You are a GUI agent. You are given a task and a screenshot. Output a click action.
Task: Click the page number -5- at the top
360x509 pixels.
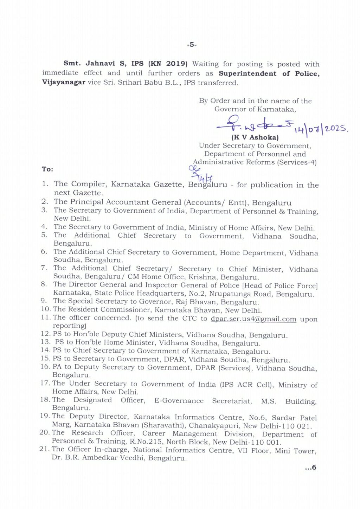pos(192,45)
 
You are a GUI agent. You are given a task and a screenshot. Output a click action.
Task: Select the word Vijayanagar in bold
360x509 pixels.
pos(64,82)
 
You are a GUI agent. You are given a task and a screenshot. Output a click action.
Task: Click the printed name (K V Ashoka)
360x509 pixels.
pos(255,137)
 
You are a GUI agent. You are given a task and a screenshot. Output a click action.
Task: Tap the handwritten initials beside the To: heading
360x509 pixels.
pos(200,173)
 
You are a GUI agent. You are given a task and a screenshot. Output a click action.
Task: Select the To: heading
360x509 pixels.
pos(47,169)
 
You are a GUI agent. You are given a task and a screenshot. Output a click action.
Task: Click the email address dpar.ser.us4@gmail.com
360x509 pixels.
pos(253,319)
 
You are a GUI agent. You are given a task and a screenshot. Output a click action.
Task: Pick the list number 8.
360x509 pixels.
pos(44,284)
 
